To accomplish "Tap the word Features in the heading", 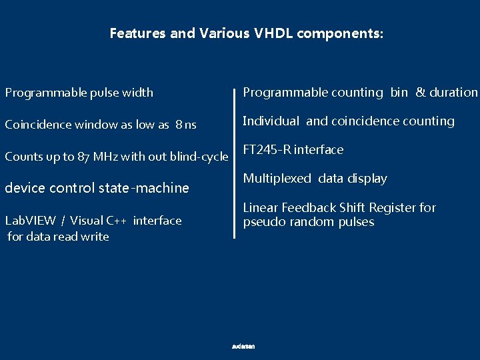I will tap(138, 33).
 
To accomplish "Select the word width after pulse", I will tap(137, 93).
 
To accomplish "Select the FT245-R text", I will tap(267, 150).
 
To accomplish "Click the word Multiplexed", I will tap(277, 179).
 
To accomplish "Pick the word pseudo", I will tap(262, 222).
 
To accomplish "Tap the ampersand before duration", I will tap(420, 93).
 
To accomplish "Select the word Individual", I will tap(271, 121).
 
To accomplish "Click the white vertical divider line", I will tap(235, 160).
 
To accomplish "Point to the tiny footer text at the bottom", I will tap(243, 347).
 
